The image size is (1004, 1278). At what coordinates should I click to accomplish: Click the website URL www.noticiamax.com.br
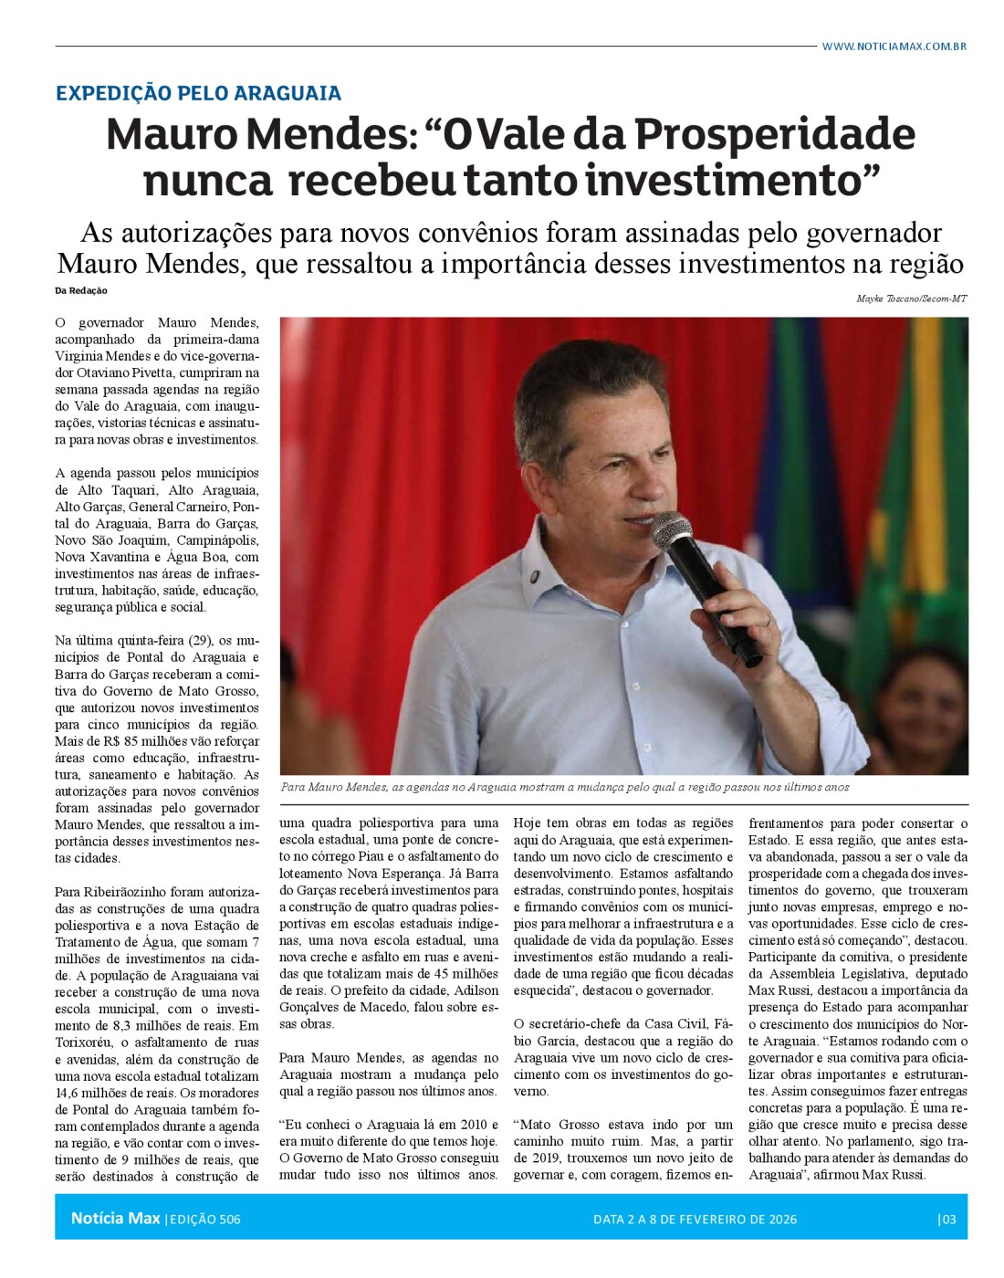tap(894, 47)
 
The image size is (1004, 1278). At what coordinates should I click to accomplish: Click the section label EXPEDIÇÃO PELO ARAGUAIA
tap(198, 93)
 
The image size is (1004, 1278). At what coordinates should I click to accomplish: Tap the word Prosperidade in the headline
tap(775, 134)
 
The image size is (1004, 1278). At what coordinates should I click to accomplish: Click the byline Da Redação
tap(80, 290)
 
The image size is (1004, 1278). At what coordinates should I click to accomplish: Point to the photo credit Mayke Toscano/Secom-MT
tap(911, 299)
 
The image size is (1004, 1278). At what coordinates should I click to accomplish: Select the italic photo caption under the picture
tap(565, 787)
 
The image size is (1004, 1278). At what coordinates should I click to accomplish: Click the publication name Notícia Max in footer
tap(115, 1219)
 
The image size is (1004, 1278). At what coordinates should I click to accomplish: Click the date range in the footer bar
tap(695, 1219)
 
